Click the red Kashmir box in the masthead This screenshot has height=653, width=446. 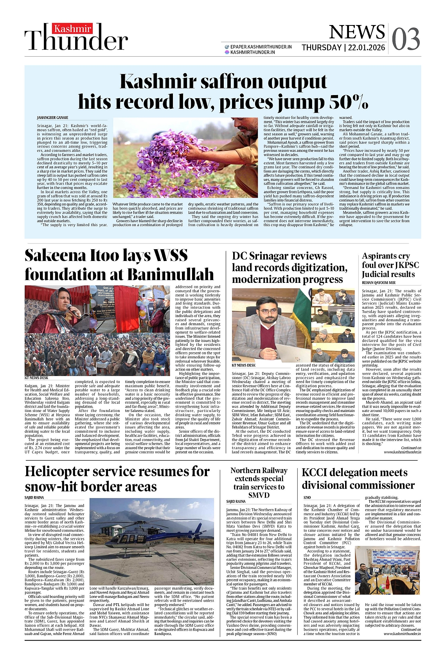click(x=73, y=29)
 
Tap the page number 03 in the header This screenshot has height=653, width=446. click(x=406, y=39)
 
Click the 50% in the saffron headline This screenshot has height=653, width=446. click(x=349, y=103)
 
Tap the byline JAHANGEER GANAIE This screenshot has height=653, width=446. click(x=52, y=117)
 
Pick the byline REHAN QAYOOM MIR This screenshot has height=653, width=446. click(x=378, y=282)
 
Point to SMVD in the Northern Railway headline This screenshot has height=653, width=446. click(x=259, y=495)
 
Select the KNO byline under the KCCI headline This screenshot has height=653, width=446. click(x=307, y=497)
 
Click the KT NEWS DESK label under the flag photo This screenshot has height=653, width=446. click(x=244, y=365)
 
